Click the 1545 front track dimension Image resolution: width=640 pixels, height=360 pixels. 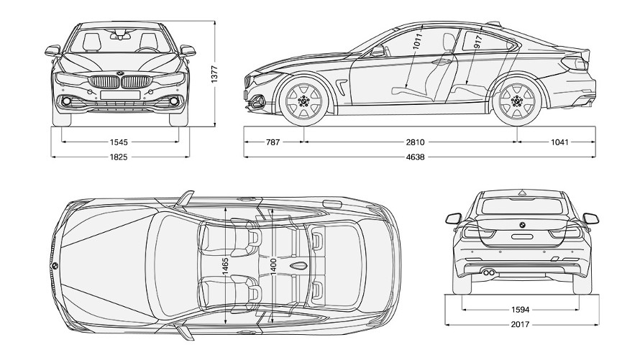119,142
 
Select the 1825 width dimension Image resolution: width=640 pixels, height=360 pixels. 119,156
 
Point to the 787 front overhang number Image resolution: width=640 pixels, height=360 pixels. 273,142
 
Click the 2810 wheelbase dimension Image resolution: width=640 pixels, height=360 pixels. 412,142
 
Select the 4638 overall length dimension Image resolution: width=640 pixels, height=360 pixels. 412,156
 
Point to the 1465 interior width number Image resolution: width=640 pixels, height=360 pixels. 225,265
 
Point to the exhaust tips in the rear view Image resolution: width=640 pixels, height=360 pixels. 489,272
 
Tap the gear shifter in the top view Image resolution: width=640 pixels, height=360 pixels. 296,265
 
